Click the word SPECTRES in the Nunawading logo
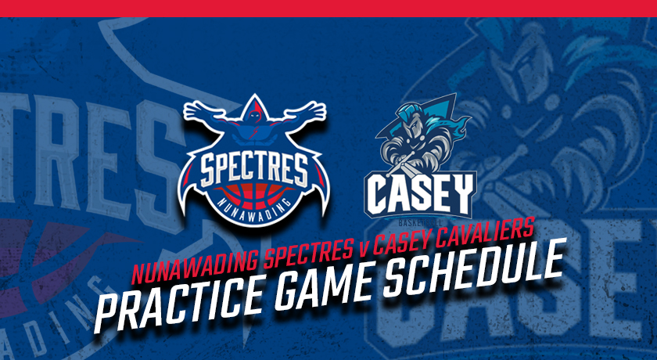254,171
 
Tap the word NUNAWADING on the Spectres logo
254,206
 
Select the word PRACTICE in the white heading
180,301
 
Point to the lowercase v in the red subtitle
363,249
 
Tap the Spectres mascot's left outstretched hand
198,110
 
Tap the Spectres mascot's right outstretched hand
311,110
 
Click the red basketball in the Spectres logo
254,196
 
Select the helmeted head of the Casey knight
410,121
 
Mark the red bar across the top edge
328,9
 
